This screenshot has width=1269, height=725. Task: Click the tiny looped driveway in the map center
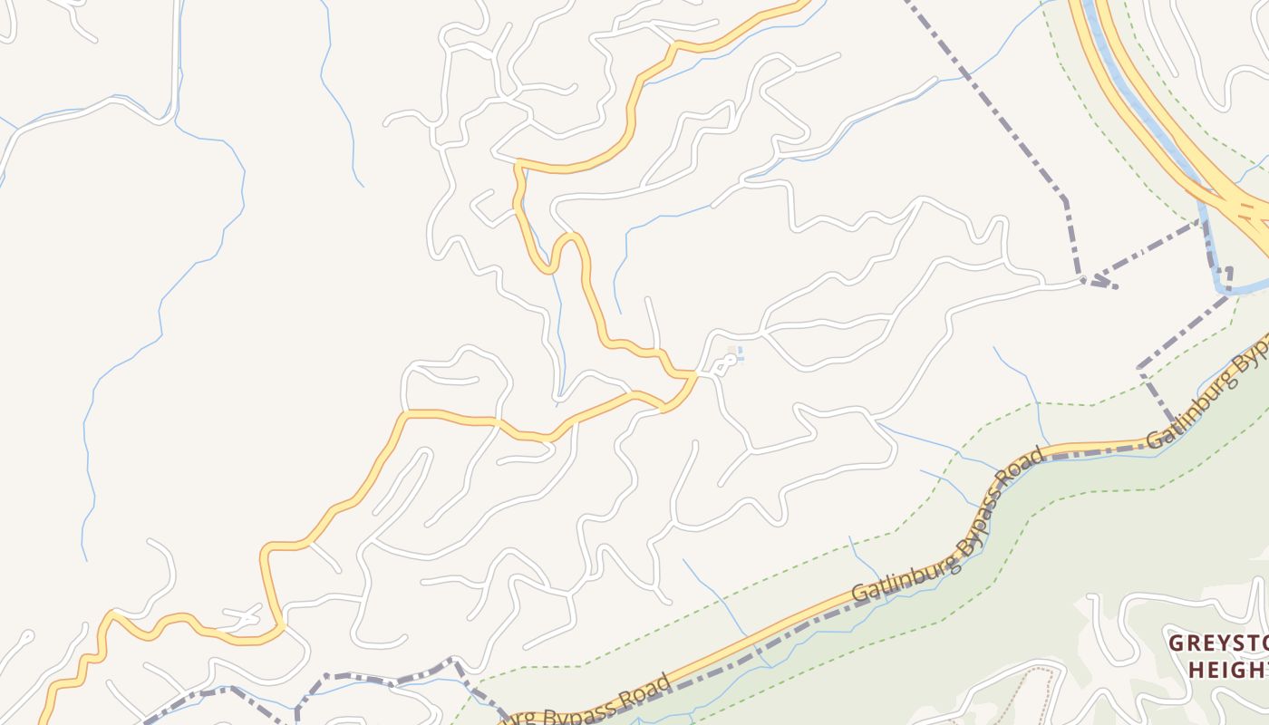tap(725, 364)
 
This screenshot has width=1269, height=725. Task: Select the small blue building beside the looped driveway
tap(740, 353)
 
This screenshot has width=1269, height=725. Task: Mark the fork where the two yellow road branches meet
tap(693, 374)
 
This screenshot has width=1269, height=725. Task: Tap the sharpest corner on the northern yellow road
tap(518, 163)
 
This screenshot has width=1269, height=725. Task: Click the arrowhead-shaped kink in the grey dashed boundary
tap(1099, 282)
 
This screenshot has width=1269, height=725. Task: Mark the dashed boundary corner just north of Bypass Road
tap(1140, 369)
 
